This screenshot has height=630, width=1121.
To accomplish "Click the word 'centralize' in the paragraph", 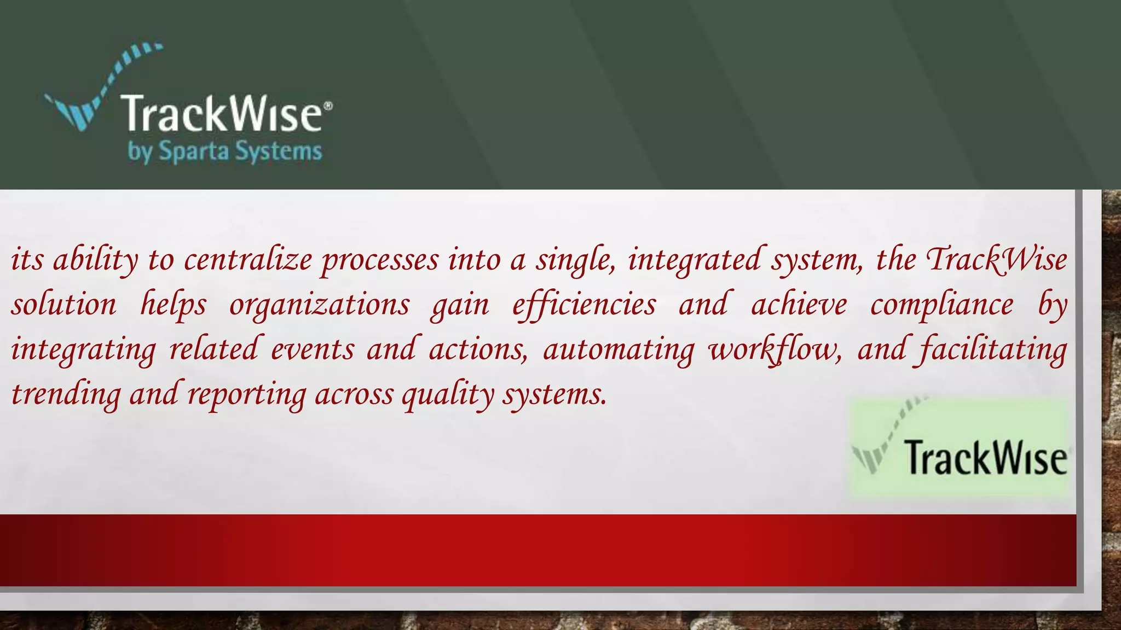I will (x=247, y=260).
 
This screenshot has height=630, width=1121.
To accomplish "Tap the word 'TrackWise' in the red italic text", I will (x=996, y=260).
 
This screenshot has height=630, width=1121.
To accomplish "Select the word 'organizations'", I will (x=319, y=305).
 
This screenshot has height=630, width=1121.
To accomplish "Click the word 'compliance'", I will (x=941, y=305).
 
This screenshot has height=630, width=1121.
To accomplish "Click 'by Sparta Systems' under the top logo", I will (x=225, y=151).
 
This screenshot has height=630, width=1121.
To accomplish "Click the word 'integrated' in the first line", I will (x=694, y=260).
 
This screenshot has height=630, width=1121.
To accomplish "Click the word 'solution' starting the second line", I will (x=64, y=305).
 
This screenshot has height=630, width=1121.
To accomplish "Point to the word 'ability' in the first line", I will (x=96, y=260).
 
